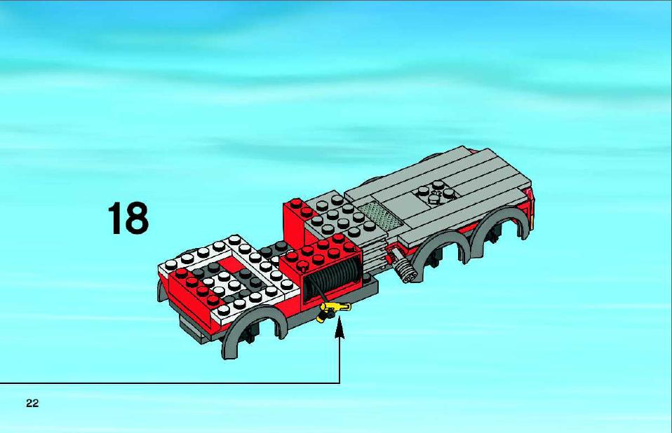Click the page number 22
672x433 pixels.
pyautogui.click(x=32, y=403)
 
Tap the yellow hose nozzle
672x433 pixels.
pyautogui.click(x=332, y=310)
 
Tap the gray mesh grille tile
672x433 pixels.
pyautogui.click(x=381, y=216)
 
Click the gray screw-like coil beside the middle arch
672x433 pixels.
pyautogui.click(x=403, y=268)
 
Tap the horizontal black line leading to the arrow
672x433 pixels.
pyautogui.click(x=170, y=383)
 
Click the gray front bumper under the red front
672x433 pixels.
pyautogui.click(x=193, y=327)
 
